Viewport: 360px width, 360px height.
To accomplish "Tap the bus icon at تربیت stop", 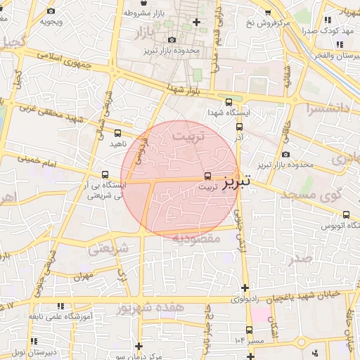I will pos(207,176).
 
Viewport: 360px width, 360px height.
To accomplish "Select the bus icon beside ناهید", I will pos(117,132).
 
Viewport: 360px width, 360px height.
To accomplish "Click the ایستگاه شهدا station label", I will pos(229,112).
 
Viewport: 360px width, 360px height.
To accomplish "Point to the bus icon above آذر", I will pos(239,127).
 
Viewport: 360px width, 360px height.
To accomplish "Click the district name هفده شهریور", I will pos(150,308).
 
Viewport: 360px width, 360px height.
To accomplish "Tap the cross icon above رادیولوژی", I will pos(244,288).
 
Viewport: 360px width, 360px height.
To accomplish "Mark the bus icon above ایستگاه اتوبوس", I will pos(345,214).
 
